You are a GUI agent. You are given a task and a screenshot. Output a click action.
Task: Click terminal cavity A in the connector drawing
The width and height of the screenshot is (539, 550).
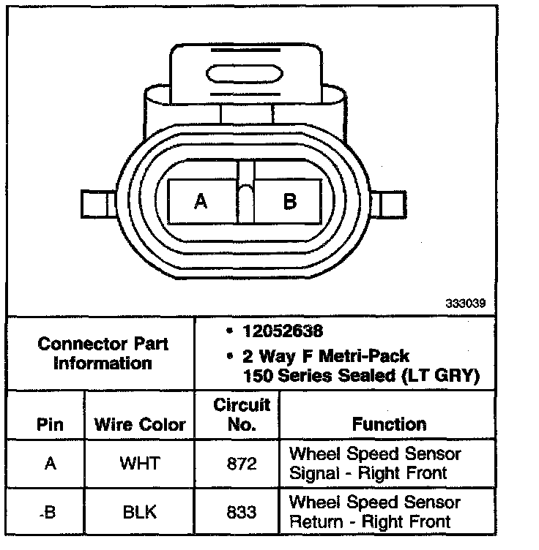(x=201, y=201)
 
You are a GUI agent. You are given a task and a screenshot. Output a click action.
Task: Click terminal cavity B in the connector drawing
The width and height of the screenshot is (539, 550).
(x=289, y=201)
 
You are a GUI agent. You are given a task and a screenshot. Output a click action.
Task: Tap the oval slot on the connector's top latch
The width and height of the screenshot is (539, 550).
(x=247, y=75)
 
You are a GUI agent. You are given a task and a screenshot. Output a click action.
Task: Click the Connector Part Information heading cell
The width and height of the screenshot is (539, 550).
(x=103, y=353)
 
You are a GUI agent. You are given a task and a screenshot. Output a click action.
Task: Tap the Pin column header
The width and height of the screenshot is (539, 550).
(x=50, y=424)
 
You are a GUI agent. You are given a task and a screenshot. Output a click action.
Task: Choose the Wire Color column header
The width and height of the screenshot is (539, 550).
(x=139, y=424)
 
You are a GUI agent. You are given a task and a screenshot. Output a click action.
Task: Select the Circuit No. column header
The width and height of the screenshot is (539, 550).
(x=241, y=414)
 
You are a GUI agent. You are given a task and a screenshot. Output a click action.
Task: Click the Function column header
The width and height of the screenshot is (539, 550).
(x=388, y=424)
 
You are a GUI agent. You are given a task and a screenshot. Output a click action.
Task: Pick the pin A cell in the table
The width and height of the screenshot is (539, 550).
(x=50, y=463)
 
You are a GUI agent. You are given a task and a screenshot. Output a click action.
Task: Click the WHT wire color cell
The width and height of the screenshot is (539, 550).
(x=141, y=463)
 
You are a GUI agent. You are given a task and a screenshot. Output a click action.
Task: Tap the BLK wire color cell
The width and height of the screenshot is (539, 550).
(x=141, y=512)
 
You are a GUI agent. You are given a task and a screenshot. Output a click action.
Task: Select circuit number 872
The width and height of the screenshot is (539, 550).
(x=242, y=463)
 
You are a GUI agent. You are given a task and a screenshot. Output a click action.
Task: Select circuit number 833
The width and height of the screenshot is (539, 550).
(x=242, y=512)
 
